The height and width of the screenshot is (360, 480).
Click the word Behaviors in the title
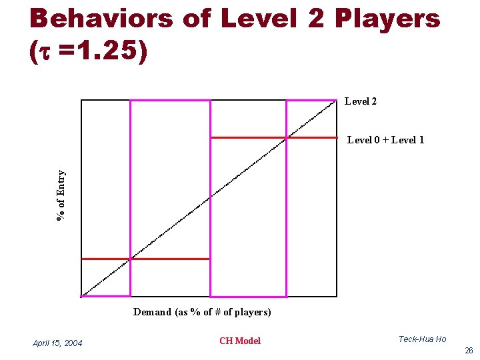point(98,19)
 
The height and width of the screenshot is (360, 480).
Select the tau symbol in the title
point(45,53)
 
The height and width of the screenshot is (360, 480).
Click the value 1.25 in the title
point(111,53)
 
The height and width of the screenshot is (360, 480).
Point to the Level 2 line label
point(361,101)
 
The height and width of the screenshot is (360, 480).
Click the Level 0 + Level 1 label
point(385,139)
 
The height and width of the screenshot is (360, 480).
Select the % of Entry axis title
point(61,196)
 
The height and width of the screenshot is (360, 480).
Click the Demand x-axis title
point(202,312)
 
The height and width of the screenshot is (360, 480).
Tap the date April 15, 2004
point(58,343)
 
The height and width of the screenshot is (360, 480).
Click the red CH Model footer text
point(240,341)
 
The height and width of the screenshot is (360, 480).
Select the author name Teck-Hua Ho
point(422,339)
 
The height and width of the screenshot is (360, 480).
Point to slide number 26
point(469,350)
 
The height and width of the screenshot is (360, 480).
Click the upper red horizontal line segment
point(273,137)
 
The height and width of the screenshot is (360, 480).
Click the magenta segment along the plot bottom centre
point(248,296)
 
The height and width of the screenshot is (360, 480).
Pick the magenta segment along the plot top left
point(170,100)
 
